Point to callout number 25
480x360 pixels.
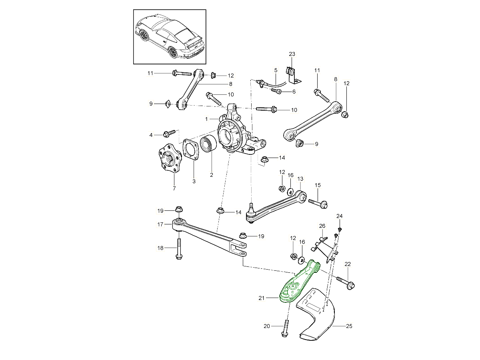349,326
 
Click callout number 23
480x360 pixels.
292,54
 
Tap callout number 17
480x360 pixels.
160,224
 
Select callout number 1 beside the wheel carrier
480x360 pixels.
206,119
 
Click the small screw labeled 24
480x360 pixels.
339,229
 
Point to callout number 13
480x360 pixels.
300,178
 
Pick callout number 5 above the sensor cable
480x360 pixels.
276,70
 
